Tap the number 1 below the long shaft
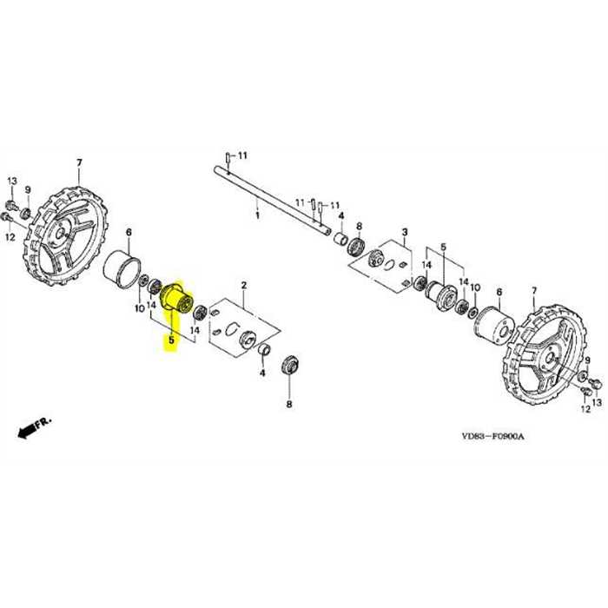256,212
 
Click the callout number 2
244,285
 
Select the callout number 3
404,232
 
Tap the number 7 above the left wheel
79,162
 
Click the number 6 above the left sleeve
129,232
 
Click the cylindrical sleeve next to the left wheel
122,268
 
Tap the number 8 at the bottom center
289,404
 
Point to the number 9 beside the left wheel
27,190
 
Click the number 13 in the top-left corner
12,179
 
